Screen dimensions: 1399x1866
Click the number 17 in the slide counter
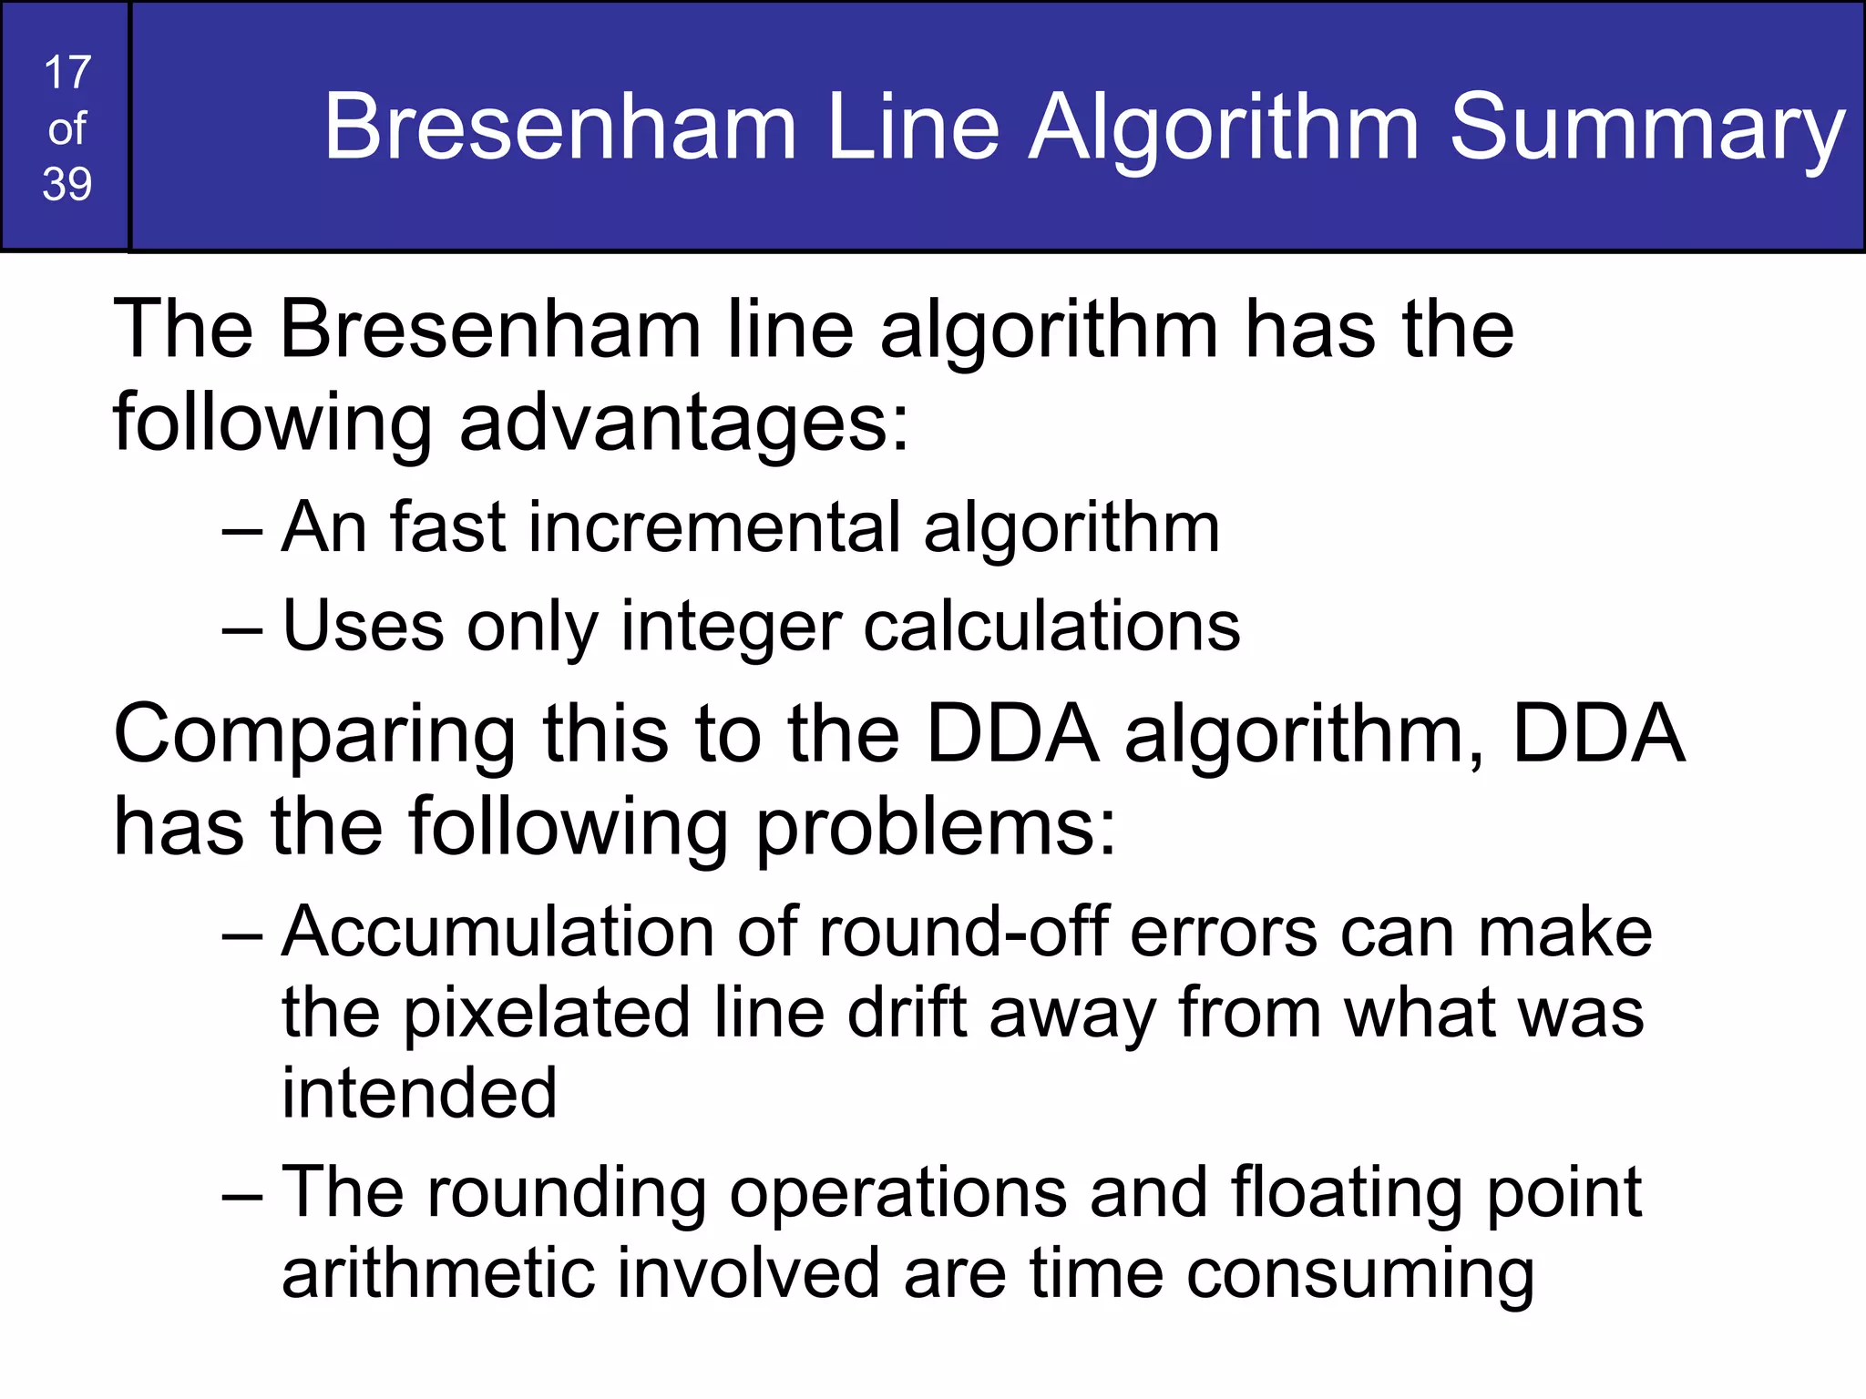(x=67, y=73)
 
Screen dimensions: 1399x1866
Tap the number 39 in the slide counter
(x=67, y=184)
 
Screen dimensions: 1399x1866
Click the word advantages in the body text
(x=683, y=424)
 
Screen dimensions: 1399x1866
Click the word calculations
(x=1051, y=627)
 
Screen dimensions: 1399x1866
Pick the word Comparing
(x=314, y=736)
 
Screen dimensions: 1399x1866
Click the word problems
(x=935, y=829)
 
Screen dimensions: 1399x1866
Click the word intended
(x=419, y=1093)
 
